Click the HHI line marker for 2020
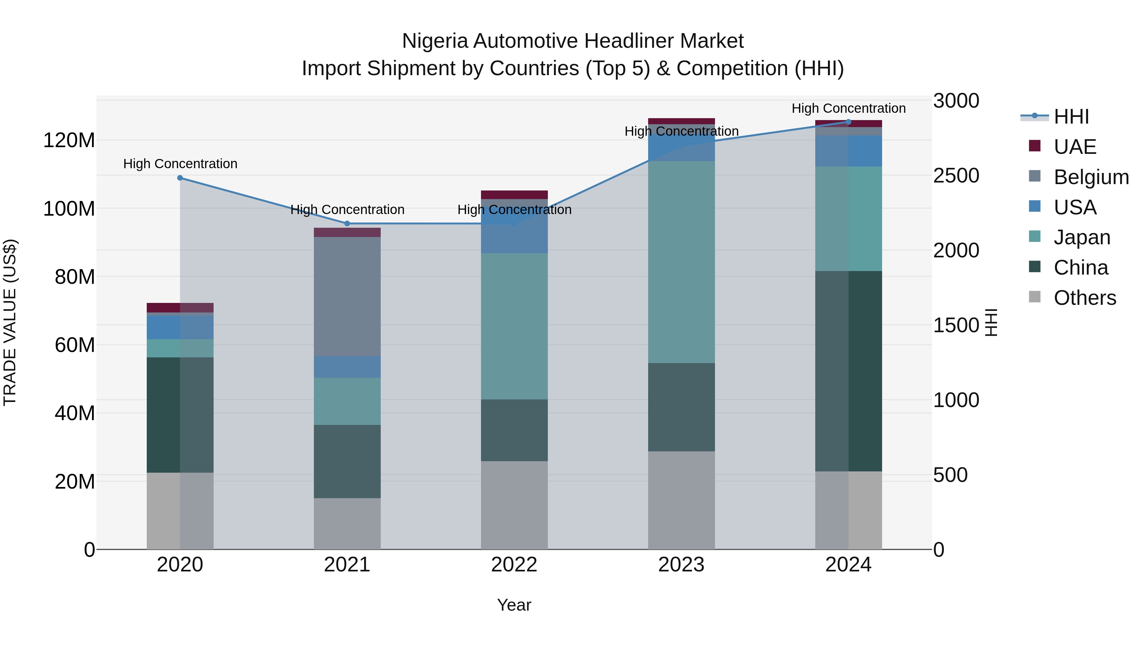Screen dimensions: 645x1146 pos(180,178)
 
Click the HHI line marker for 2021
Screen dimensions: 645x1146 pos(347,224)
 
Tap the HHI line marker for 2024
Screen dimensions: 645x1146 pos(848,122)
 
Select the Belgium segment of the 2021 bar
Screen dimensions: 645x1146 pos(347,296)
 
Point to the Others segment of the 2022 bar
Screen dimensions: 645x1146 pos(514,505)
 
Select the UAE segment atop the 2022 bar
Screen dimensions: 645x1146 pos(514,195)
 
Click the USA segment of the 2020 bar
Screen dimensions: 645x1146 pos(180,327)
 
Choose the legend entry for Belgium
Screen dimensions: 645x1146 pos(1091,177)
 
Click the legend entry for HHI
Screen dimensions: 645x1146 pos(1071,117)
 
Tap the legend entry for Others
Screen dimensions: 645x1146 pos(1084,297)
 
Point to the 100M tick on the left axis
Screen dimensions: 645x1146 pos(69,208)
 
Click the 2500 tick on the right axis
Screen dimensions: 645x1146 pos(956,176)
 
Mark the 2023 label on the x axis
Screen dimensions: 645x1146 pos(681,565)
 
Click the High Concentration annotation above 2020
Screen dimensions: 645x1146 pos(180,164)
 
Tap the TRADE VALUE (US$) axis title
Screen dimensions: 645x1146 pos(10,322)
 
